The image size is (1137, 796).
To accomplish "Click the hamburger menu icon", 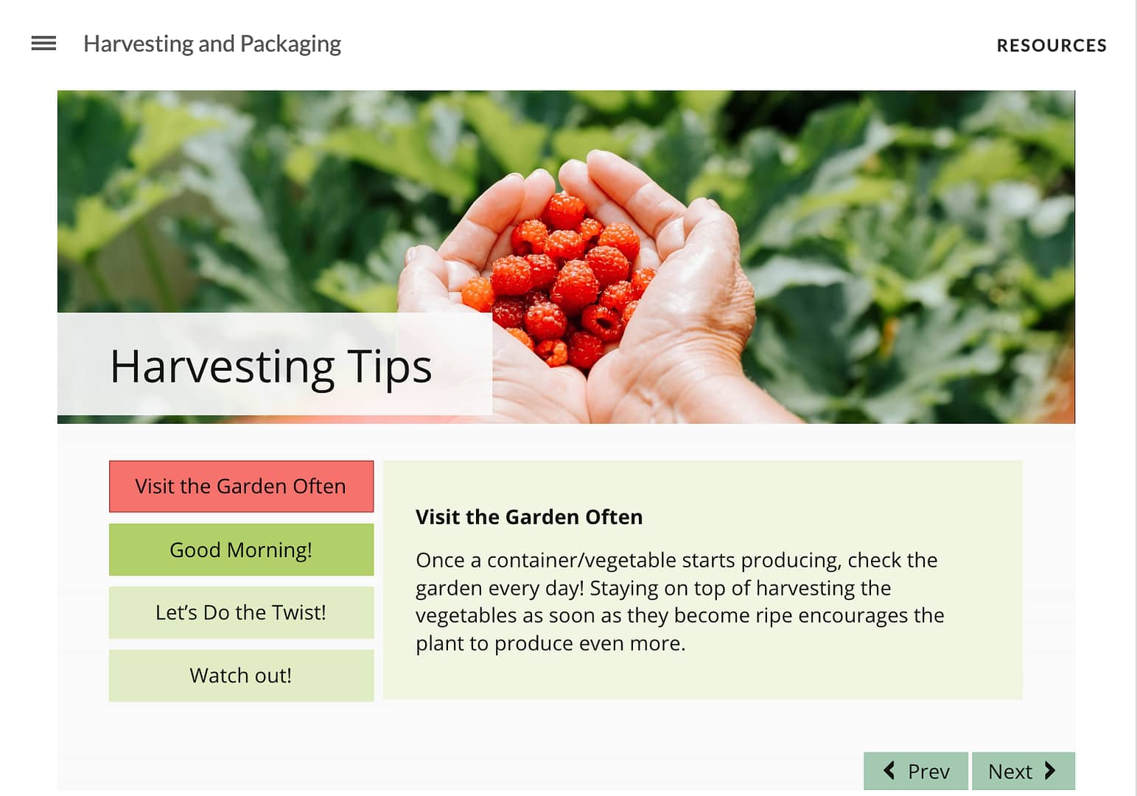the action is [43, 43].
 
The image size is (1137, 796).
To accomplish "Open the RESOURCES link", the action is [1052, 46].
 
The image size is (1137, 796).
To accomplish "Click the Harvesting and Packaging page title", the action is [212, 44].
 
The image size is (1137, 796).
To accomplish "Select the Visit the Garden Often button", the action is [241, 486].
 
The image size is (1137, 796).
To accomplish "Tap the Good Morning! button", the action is [241, 550].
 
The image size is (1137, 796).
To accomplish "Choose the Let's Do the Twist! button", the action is [241, 612].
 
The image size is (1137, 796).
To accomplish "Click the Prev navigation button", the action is [916, 771].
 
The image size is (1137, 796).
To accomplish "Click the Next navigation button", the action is [1024, 771].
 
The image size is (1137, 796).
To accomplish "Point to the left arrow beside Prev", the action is [889, 771].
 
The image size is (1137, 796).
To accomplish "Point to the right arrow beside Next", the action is [1050, 771].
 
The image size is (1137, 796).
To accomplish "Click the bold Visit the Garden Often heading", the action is [529, 517].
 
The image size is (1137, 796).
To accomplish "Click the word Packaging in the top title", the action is [290, 45].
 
